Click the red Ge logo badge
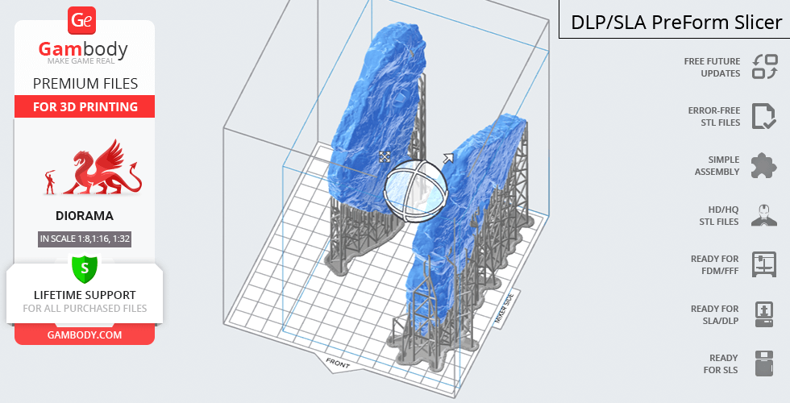click(x=81, y=21)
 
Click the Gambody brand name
click(x=83, y=49)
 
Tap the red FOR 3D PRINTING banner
click(x=85, y=106)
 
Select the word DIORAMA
click(x=85, y=216)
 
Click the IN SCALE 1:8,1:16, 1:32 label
click(x=85, y=239)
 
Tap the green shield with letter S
click(x=85, y=268)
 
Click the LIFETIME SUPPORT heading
click(x=85, y=295)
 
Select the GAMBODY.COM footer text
click(x=85, y=335)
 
